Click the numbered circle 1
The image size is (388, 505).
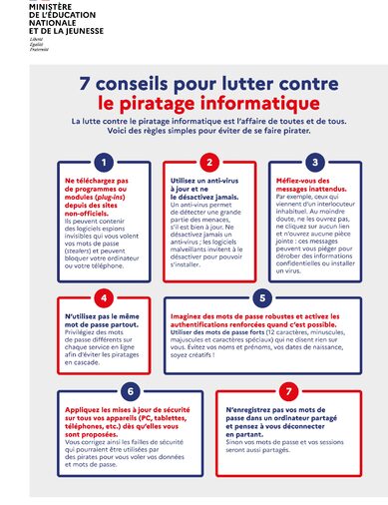click(x=101, y=162)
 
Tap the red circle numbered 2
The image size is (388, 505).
click(x=209, y=162)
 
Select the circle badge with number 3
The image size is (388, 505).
click(x=314, y=162)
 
